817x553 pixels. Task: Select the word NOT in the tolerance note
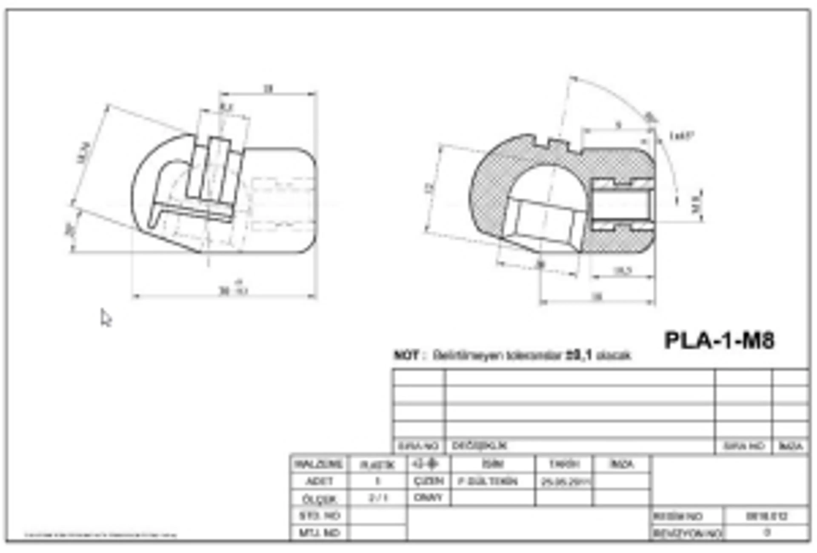click(x=406, y=355)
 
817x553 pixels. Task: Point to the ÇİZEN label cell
click(x=428, y=481)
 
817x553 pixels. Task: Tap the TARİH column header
click(x=564, y=464)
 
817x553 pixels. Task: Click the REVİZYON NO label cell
click(x=687, y=533)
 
